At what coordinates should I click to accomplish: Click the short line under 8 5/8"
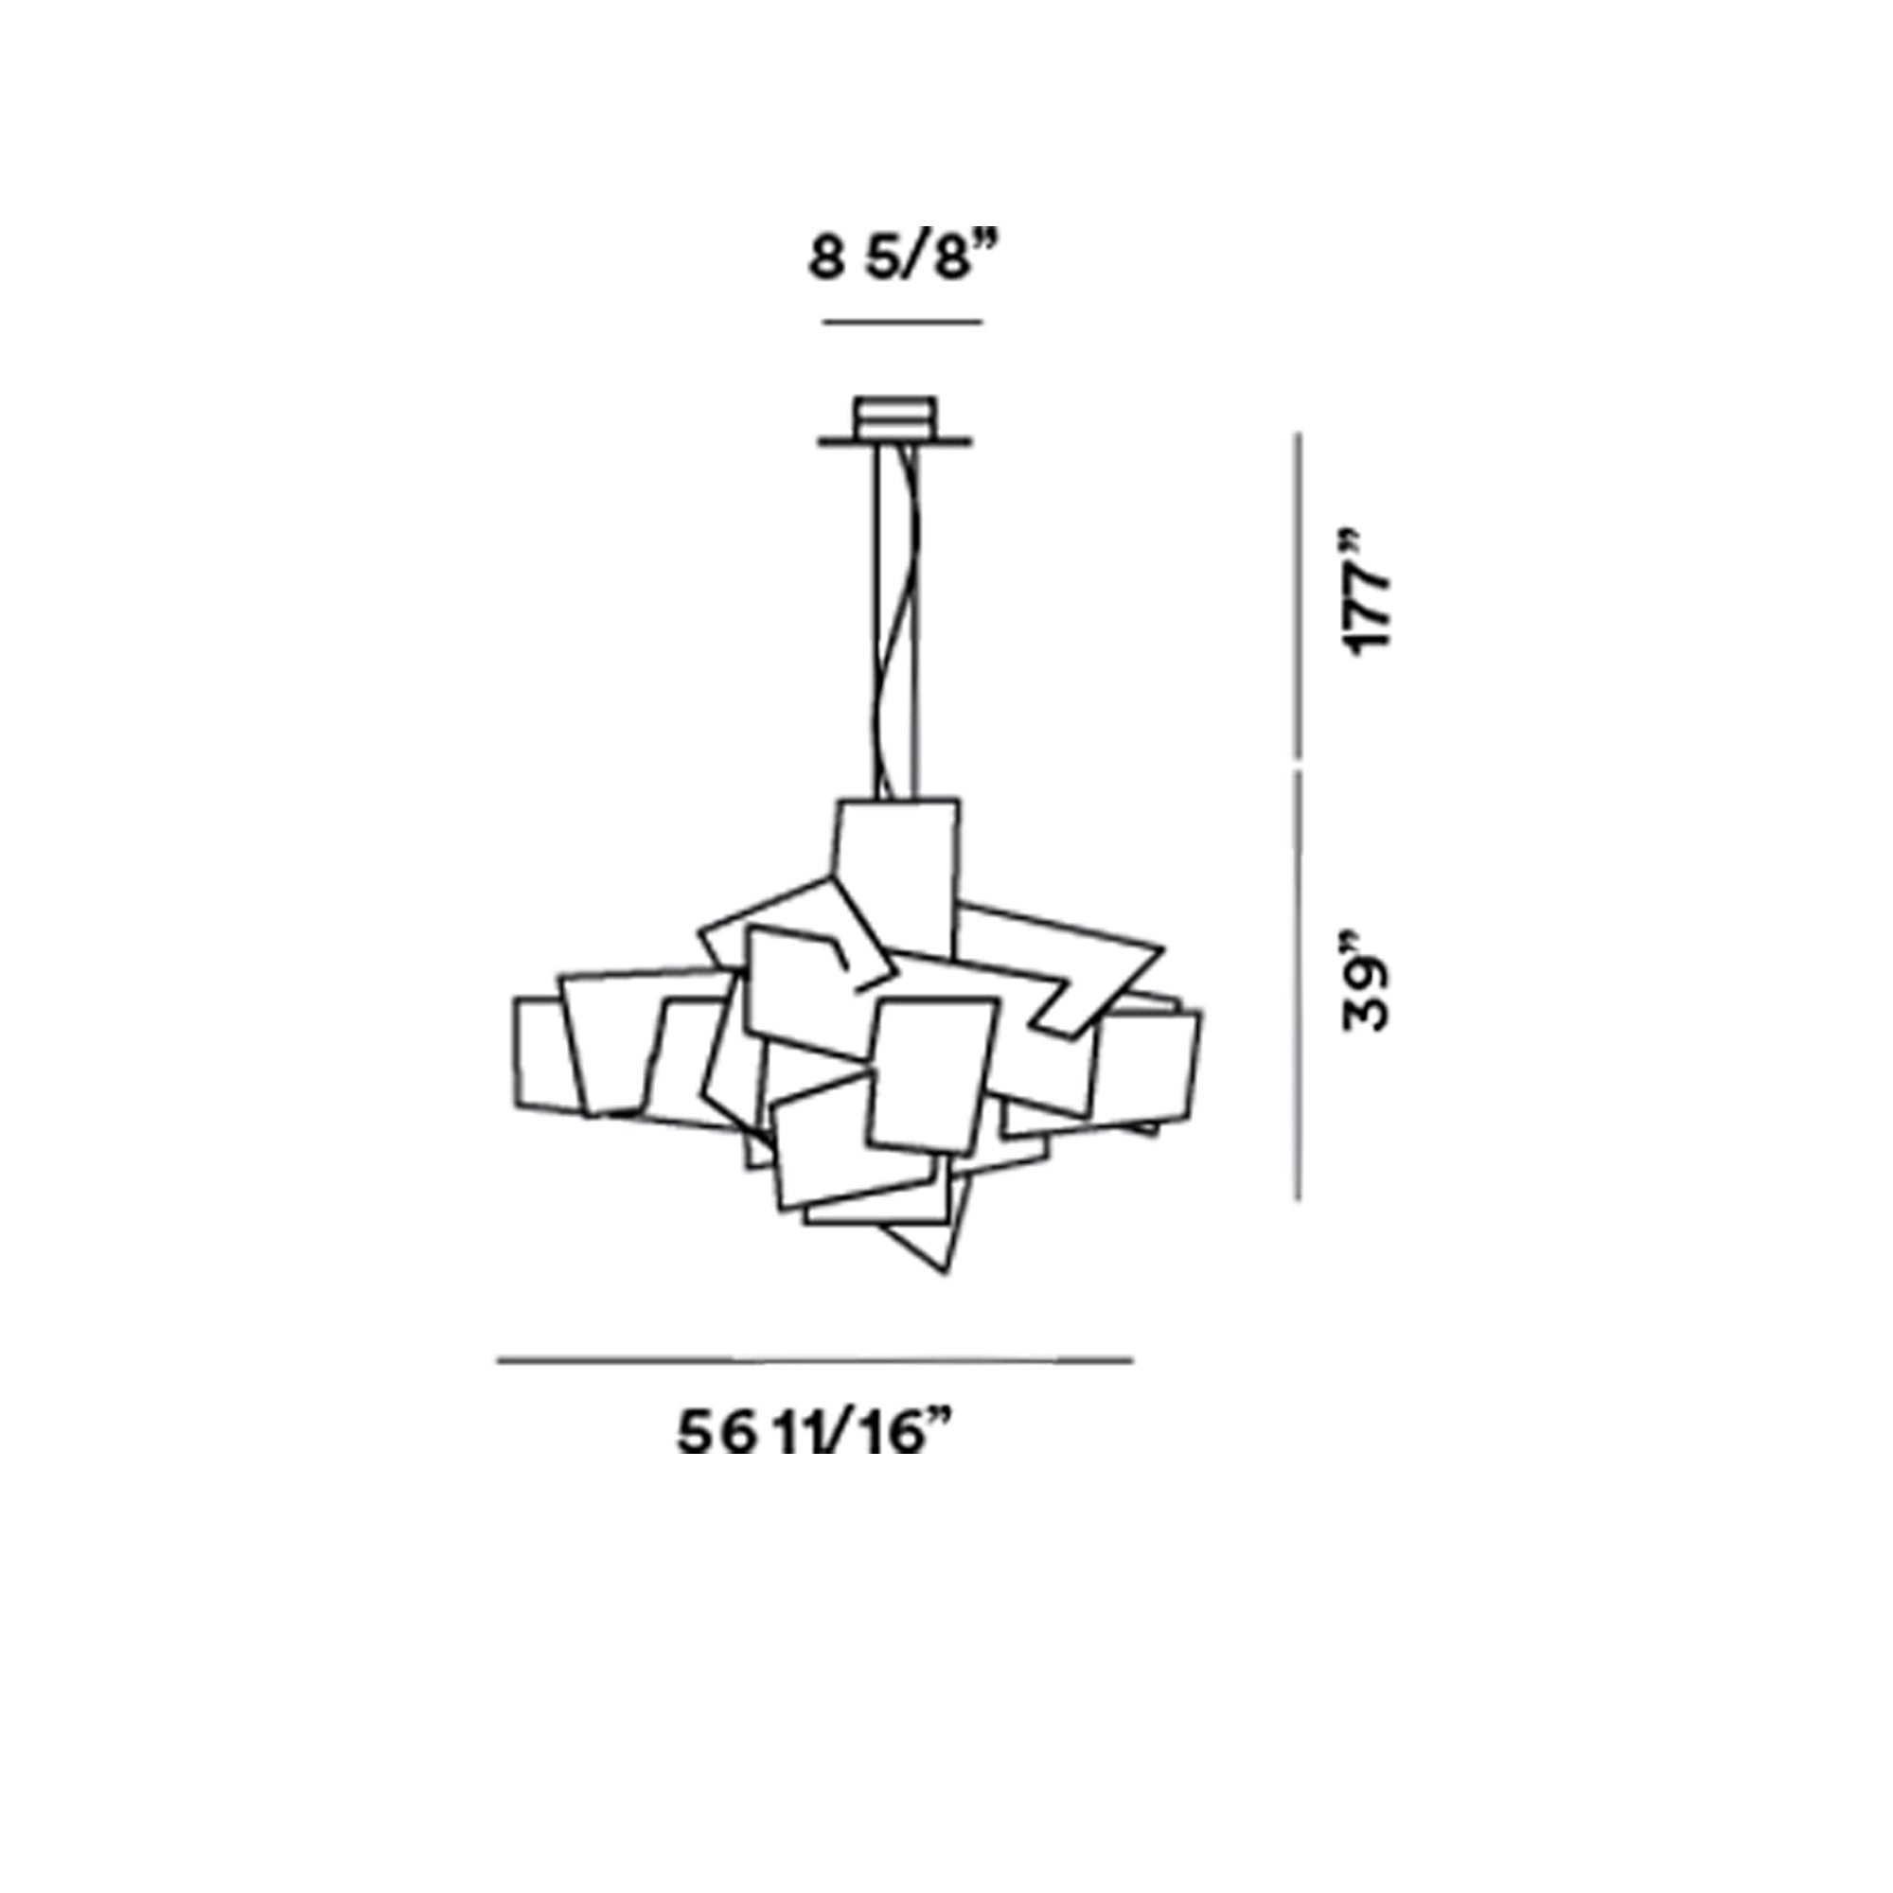[902, 321]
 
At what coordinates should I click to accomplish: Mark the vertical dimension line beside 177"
[1300, 594]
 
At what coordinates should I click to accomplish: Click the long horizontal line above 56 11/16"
[815, 1360]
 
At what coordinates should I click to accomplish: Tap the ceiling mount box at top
[894, 418]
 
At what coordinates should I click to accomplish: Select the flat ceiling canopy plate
[894, 443]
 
